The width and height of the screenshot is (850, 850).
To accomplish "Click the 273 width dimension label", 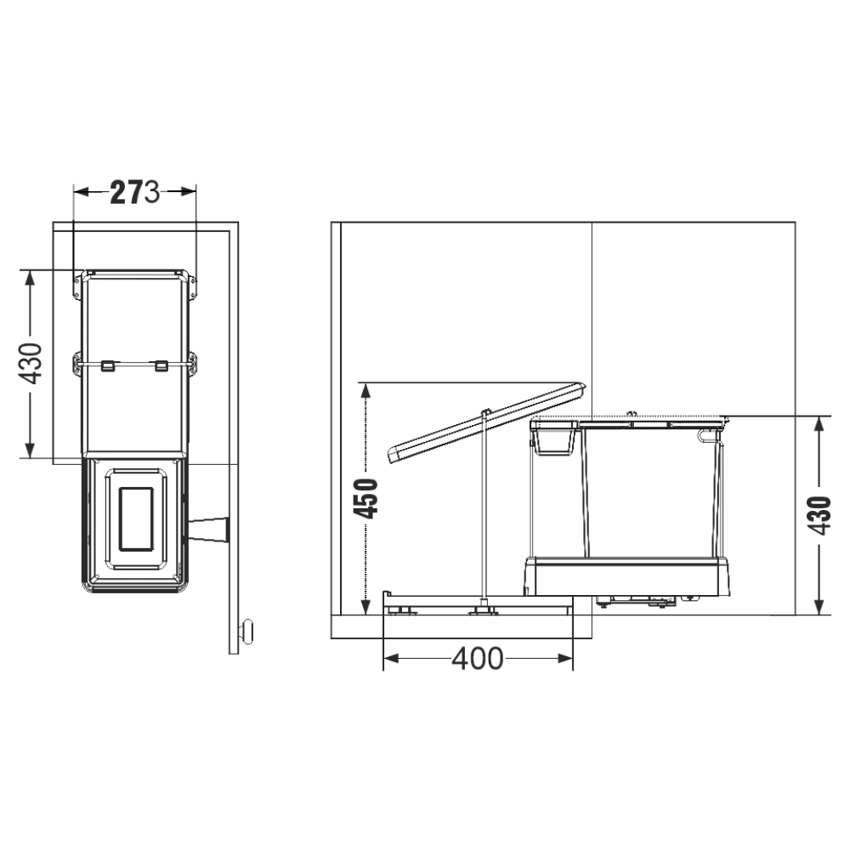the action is tap(135, 192).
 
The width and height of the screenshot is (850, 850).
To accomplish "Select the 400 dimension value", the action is tap(477, 659).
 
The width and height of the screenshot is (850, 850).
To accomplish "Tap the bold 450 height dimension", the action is tap(365, 499).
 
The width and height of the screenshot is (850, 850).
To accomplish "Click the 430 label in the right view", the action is tap(819, 516).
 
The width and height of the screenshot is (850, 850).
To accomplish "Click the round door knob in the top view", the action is tap(246, 631).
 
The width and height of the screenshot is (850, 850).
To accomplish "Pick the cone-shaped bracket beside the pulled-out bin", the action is tap(209, 530).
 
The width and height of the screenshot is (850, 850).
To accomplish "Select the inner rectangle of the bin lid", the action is tap(135, 518).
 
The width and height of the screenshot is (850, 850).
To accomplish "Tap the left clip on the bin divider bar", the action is tap(108, 365).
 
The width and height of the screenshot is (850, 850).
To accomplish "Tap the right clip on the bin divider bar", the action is tap(161, 365).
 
